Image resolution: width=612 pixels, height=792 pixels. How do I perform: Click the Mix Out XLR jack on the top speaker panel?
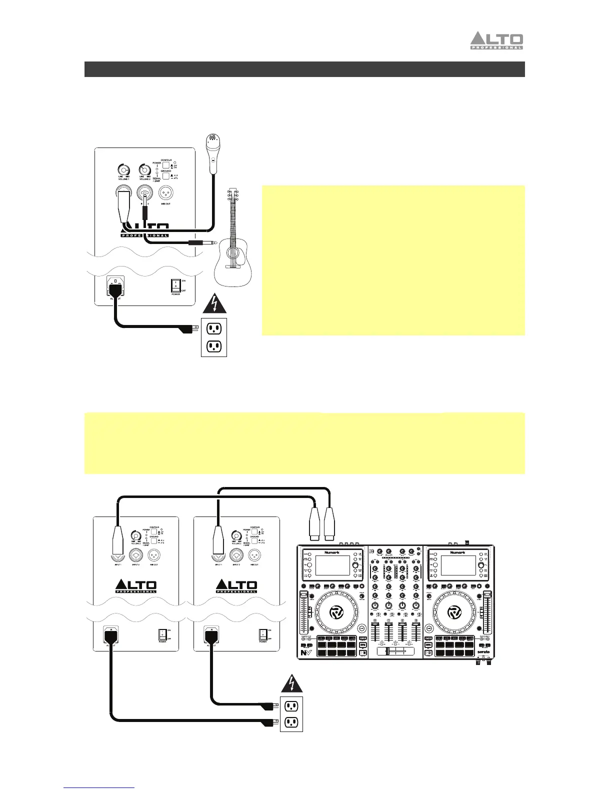pos(166,192)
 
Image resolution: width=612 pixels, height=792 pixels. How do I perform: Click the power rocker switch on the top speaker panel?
pos(175,286)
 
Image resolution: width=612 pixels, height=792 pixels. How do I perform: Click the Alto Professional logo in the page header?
pos(496,41)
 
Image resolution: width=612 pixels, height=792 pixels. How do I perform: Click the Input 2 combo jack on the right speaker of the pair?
pos(236,554)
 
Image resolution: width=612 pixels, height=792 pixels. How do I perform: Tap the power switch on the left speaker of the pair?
pos(162,634)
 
